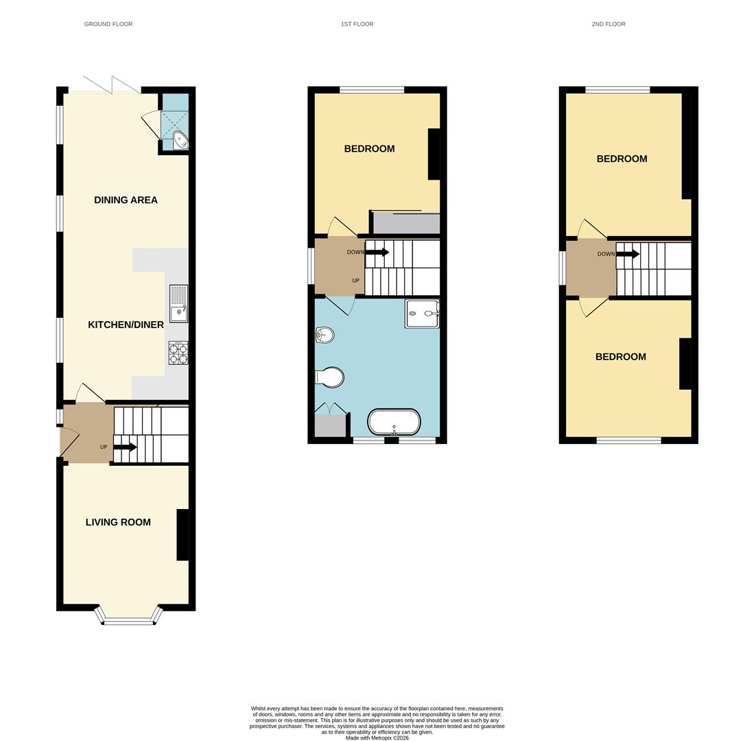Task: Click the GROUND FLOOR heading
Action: coord(108,24)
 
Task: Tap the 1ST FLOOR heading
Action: coord(357,24)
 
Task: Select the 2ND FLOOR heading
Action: coord(609,24)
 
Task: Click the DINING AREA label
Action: coord(126,200)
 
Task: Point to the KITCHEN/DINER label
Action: coord(126,325)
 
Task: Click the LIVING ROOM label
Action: coord(118,522)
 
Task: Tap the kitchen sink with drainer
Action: coord(178,303)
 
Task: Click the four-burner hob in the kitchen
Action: coord(178,353)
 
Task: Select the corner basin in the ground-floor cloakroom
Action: coord(180,141)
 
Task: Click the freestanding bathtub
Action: coord(394,422)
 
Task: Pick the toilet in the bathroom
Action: coord(330,377)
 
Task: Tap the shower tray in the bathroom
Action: coord(422,314)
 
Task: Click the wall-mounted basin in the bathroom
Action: coord(325,335)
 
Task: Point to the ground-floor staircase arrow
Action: coord(125,447)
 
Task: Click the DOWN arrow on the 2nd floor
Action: coord(627,254)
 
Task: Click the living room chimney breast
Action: coord(182,534)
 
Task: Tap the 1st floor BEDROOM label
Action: coord(369,149)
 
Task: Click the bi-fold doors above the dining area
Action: coord(111,85)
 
